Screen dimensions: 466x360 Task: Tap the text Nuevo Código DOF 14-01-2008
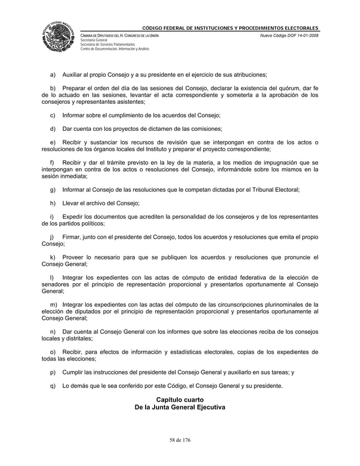point(288,36)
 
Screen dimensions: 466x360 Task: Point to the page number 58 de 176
point(180,439)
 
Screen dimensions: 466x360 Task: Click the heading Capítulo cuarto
point(180,400)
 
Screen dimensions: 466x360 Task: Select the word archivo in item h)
point(94,203)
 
